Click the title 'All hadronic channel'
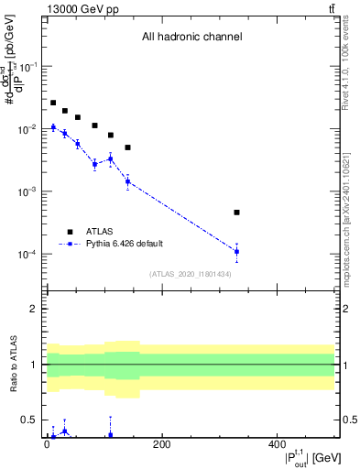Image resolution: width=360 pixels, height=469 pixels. click(191, 38)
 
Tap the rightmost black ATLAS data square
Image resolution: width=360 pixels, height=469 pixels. click(236, 213)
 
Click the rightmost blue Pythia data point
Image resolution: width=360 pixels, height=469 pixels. click(236, 251)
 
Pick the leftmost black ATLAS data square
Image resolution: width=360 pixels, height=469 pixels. click(53, 103)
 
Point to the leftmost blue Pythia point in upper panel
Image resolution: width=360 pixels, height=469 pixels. click(53, 127)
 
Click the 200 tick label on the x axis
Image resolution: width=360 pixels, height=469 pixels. click(161, 445)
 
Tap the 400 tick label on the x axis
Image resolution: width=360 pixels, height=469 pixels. click(278, 445)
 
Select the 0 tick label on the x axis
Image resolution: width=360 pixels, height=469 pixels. click(47, 445)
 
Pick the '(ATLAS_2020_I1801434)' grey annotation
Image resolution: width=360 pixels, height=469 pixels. click(191, 274)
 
